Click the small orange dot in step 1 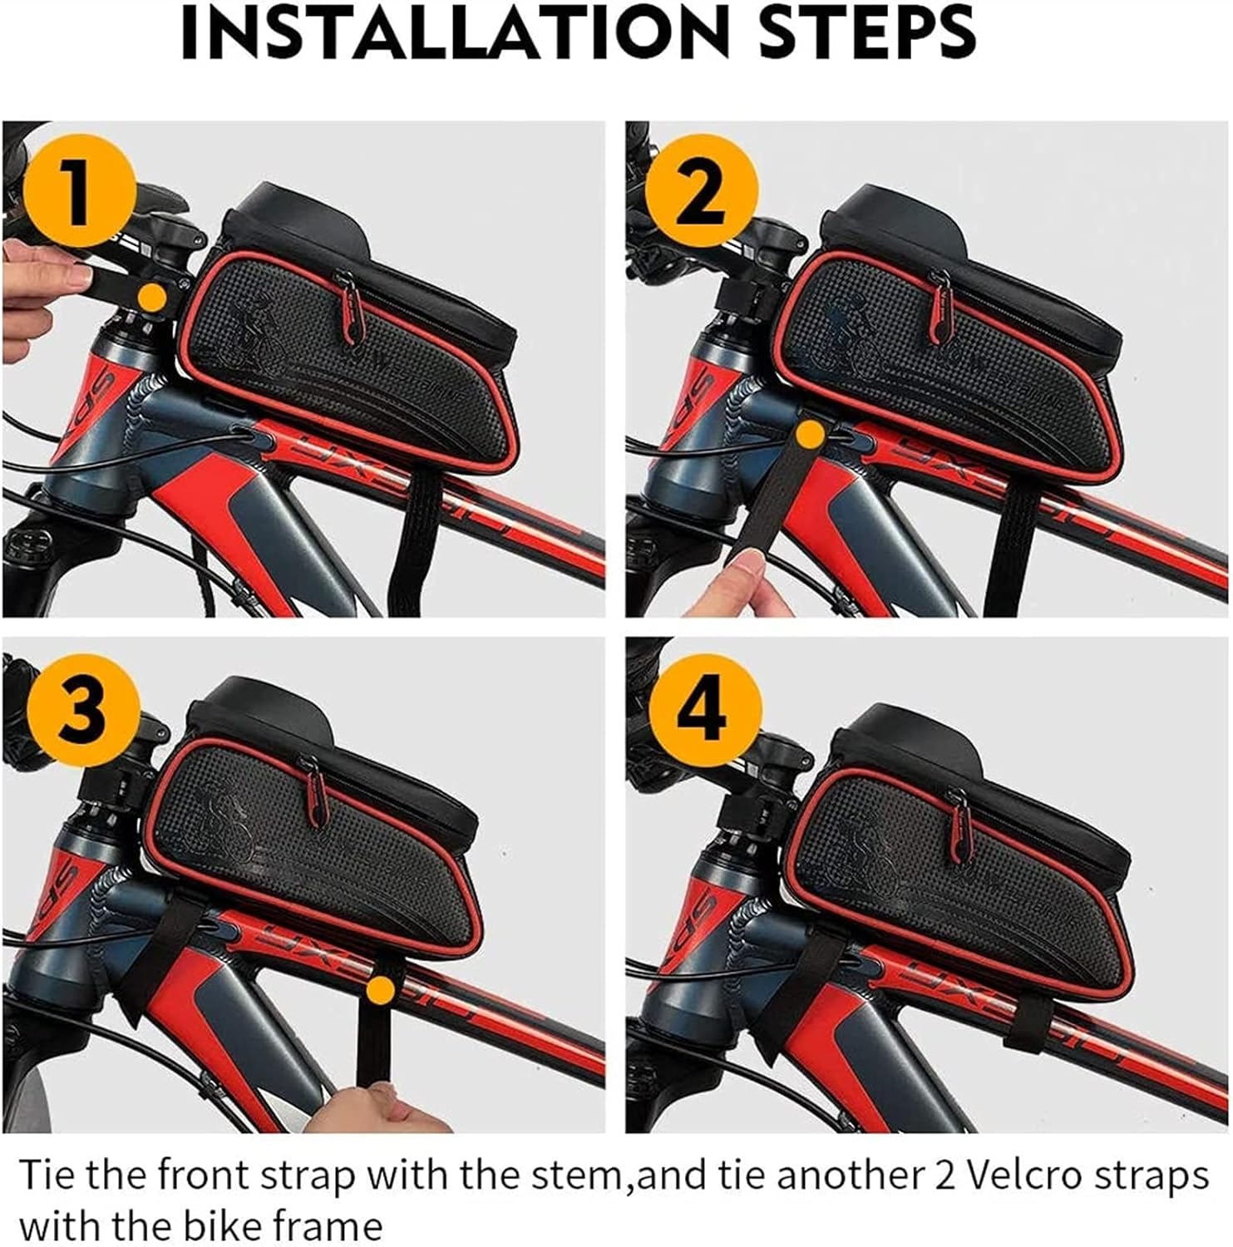coord(151,297)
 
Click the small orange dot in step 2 coord(809,433)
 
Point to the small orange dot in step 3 coord(380,989)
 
